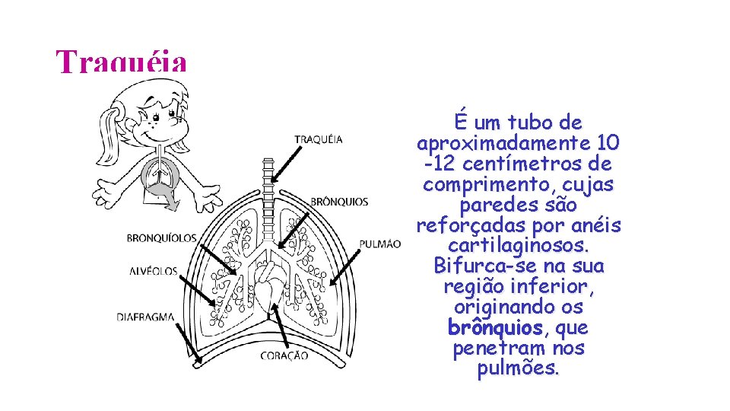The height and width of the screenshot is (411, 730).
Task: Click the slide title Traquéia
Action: click(121, 62)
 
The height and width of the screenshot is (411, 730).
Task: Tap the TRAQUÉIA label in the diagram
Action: click(318, 139)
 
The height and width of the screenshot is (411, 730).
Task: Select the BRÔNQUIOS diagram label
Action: click(339, 202)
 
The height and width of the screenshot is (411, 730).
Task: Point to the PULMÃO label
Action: click(379, 244)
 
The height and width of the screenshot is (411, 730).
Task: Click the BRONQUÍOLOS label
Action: click(161, 238)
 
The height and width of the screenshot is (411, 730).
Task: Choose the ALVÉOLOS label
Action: click(153, 271)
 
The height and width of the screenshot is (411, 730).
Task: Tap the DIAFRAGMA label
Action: click(145, 317)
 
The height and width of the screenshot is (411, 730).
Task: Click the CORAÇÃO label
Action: click(284, 355)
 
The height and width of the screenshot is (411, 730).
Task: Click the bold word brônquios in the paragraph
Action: click(496, 329)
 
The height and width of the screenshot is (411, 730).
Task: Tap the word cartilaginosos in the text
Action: click(517, 247)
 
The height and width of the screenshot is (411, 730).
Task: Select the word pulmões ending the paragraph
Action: click(518, 370)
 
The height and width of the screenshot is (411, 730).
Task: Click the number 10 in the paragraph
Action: click(608, 143)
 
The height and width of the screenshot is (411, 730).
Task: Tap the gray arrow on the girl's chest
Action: click(168, 196)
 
